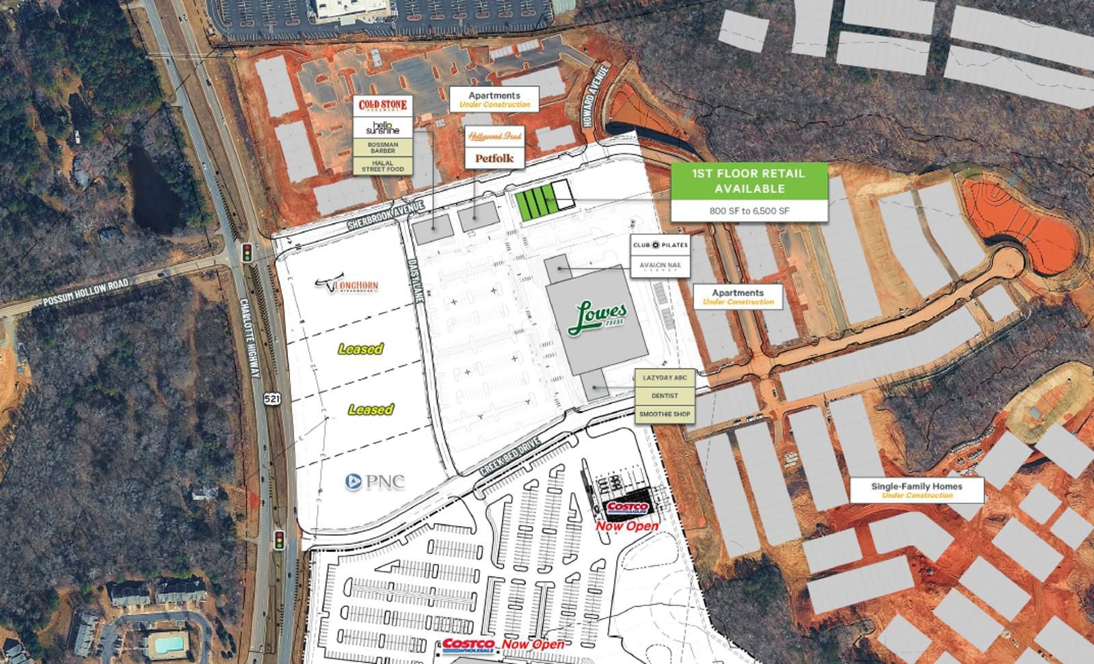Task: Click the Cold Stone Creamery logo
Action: click(383, 106)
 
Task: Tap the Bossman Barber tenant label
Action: click(383, 148)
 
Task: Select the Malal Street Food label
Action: click(383, 165)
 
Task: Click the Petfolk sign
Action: click(494, 158)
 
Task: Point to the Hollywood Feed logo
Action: click(494, 137)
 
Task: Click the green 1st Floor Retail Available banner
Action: click(749, 181)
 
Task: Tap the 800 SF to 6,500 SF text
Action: click(749, 211)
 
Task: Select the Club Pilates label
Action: click(660, 245)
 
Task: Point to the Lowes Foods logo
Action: click(597, 318)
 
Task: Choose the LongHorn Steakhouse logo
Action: click(347, 284)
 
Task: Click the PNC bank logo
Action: click(375, 481)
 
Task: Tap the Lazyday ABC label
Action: click(665, 377)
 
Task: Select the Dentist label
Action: click(665, 396)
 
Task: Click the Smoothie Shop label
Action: click(665, 414)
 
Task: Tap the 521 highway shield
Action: click(273, 398)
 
